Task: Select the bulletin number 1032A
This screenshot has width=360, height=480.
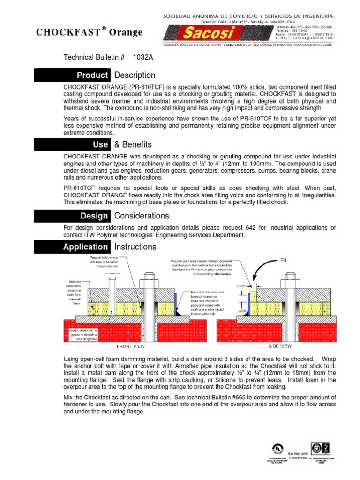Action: pyautogui.click(x=143, y=57)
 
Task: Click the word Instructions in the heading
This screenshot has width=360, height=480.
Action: pyautogui.click(x=135, y=247)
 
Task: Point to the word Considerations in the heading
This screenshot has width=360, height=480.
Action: pyautogui.click(x=142, y=216)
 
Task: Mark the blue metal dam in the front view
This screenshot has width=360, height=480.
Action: pyautogui.click(x=175, y=304)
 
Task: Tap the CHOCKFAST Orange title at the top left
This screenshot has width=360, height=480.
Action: pyautogui.click(x=89, y=31)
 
